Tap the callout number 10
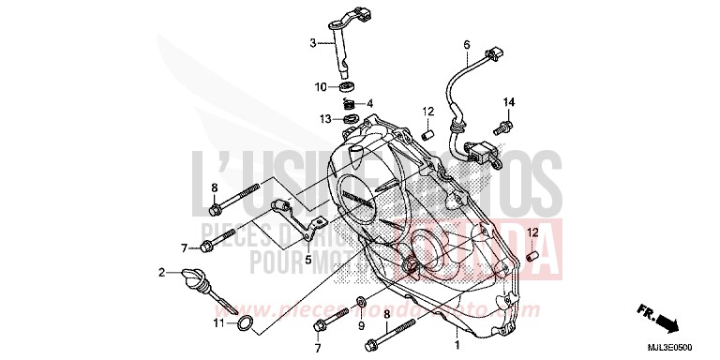coord(321,87)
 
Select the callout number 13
coord(323,119)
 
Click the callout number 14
coord(509,101)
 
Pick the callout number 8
coord(214,187)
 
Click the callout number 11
coord(217,323)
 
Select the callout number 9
coord(361,325)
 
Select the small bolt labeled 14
coord(506,122)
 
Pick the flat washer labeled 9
coord(361,304)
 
